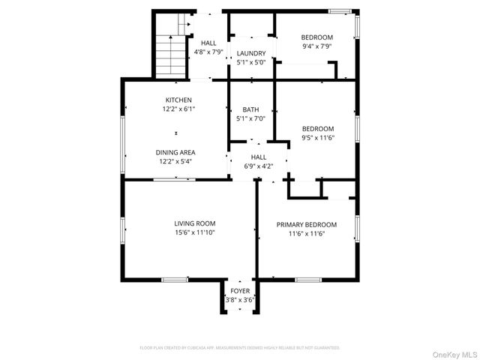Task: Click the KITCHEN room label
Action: tap(178, 100)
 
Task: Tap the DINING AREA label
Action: tap(176, 152)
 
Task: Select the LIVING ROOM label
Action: tap(195, 223)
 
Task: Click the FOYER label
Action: tap(240, 291)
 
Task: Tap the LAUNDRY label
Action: tap(251, 53)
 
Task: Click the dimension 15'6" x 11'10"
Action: tap(195, 232)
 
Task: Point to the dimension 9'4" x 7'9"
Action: tap(317, 46)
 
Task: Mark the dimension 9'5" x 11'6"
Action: tap(317, 137)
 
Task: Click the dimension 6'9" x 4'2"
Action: tap(259, 166)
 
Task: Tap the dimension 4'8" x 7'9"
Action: tap(208, 52)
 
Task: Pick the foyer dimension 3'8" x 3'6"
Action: tap(240, 300)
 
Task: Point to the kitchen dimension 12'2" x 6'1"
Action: tap(178, 109)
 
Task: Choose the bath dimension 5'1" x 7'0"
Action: tap(251, 118)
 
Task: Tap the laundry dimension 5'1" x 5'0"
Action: tap(251, 62)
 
